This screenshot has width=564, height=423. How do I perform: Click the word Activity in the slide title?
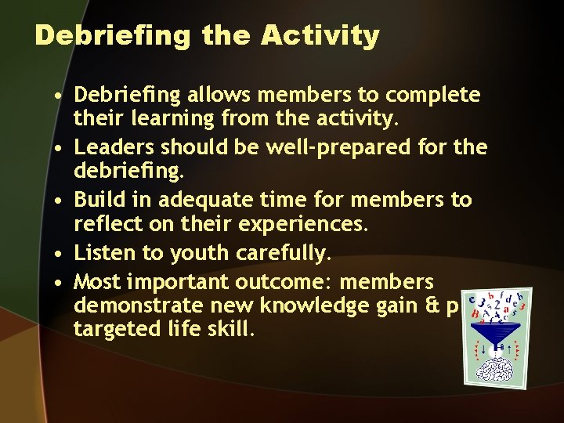320,36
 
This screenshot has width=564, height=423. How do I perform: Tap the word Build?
99,200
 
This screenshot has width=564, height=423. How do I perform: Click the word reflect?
103,226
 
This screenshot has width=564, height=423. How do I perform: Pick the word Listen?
105,253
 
